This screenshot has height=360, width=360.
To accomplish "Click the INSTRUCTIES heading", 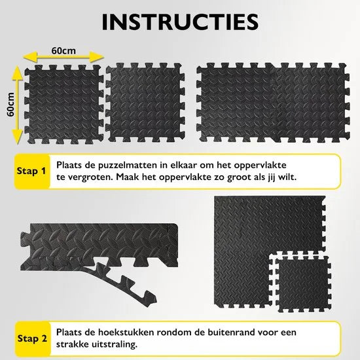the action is click(x=180, y=22).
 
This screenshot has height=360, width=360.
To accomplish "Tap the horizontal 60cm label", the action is click(x=63, y=51).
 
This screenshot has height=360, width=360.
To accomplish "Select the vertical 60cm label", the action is click(x=10, y=105).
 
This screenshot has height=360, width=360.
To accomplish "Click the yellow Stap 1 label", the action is click(x=31, y=171).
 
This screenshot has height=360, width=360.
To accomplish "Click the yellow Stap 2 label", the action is click(x=32, y=338).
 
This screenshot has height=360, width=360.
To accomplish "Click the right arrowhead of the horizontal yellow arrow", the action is click(x=96, y=57).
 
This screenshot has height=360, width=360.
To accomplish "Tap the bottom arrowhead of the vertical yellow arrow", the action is click(x=18, y=136).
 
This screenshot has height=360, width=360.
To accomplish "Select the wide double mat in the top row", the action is click(x=273, y=102).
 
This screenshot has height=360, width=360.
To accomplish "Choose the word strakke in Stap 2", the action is click(x=72, y=344).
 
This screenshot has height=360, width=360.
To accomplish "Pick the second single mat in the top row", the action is click(x=145, y=102).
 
